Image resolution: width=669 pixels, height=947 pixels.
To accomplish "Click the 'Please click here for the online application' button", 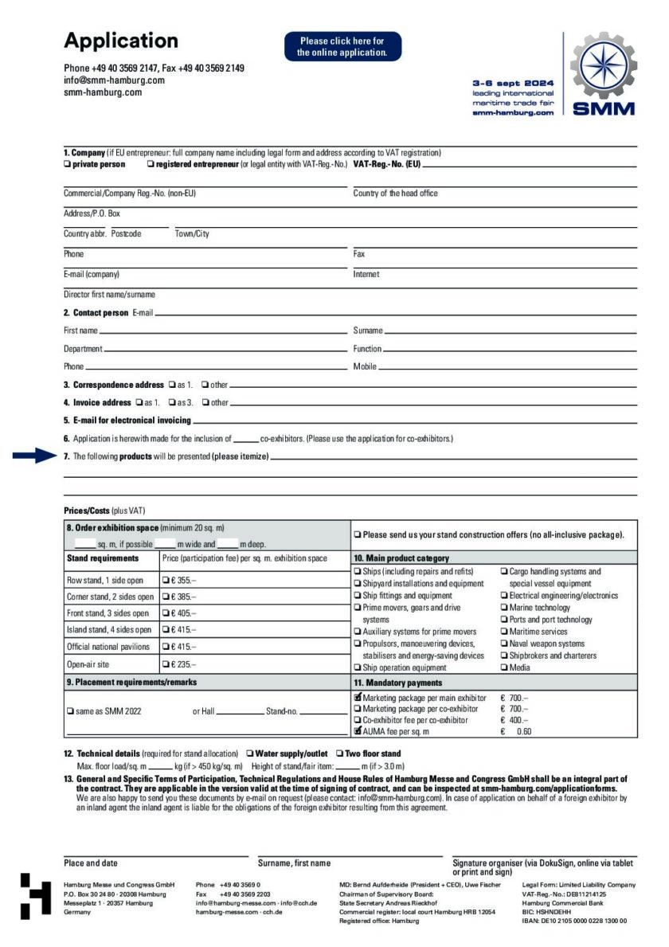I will click(342, 46).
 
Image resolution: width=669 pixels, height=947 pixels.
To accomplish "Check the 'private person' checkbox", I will click(67, 164).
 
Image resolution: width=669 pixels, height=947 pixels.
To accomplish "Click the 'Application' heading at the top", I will click(121, 41).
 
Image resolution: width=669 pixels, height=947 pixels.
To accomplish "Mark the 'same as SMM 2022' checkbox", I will click(71, 710).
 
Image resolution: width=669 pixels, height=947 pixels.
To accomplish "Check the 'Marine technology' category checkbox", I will click(503, 608).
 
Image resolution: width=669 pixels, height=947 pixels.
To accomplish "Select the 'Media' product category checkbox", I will click(503, 667).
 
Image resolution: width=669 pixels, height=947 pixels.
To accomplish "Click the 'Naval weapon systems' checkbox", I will click(503, 644).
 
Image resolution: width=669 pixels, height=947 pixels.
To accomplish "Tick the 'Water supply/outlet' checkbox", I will click(250, 753).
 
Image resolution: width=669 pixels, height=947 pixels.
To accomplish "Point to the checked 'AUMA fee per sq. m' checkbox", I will click(358, 730).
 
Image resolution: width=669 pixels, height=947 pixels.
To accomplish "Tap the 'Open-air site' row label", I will click(88, 663).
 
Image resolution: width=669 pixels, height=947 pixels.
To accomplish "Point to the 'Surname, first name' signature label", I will click(294, 863).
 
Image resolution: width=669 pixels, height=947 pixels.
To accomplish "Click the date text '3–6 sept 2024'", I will click(513, 83).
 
